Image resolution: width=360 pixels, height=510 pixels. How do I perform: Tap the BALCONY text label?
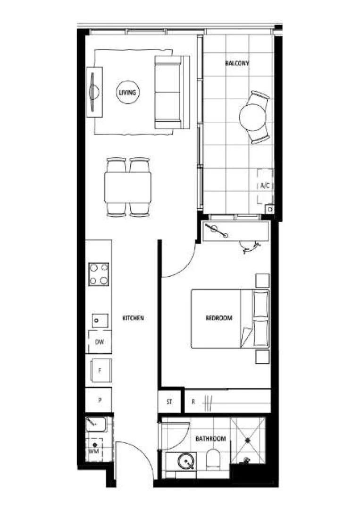(x=237, y=63)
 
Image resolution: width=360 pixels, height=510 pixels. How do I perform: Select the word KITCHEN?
(x=133, y=319)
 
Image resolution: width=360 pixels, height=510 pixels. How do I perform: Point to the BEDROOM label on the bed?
(x=219, y=318)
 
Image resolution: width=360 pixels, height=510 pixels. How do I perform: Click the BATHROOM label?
(x=211, y=439)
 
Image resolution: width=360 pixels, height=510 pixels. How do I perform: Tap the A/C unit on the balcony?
(x=265, y=186)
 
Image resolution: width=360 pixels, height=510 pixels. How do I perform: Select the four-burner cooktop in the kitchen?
(x=99, y=274)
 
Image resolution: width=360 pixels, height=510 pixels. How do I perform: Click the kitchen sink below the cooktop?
(x=98, y=321)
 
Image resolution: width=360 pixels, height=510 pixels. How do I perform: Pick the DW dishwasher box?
(x=100, y=342)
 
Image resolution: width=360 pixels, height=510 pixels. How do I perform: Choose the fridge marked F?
(x=100, y=371)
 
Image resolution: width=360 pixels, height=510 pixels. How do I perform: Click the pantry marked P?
(x=99, y=400)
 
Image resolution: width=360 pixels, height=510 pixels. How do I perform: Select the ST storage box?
(x=170, y=402)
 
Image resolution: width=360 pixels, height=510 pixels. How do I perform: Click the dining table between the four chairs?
(x=127, y=187)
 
